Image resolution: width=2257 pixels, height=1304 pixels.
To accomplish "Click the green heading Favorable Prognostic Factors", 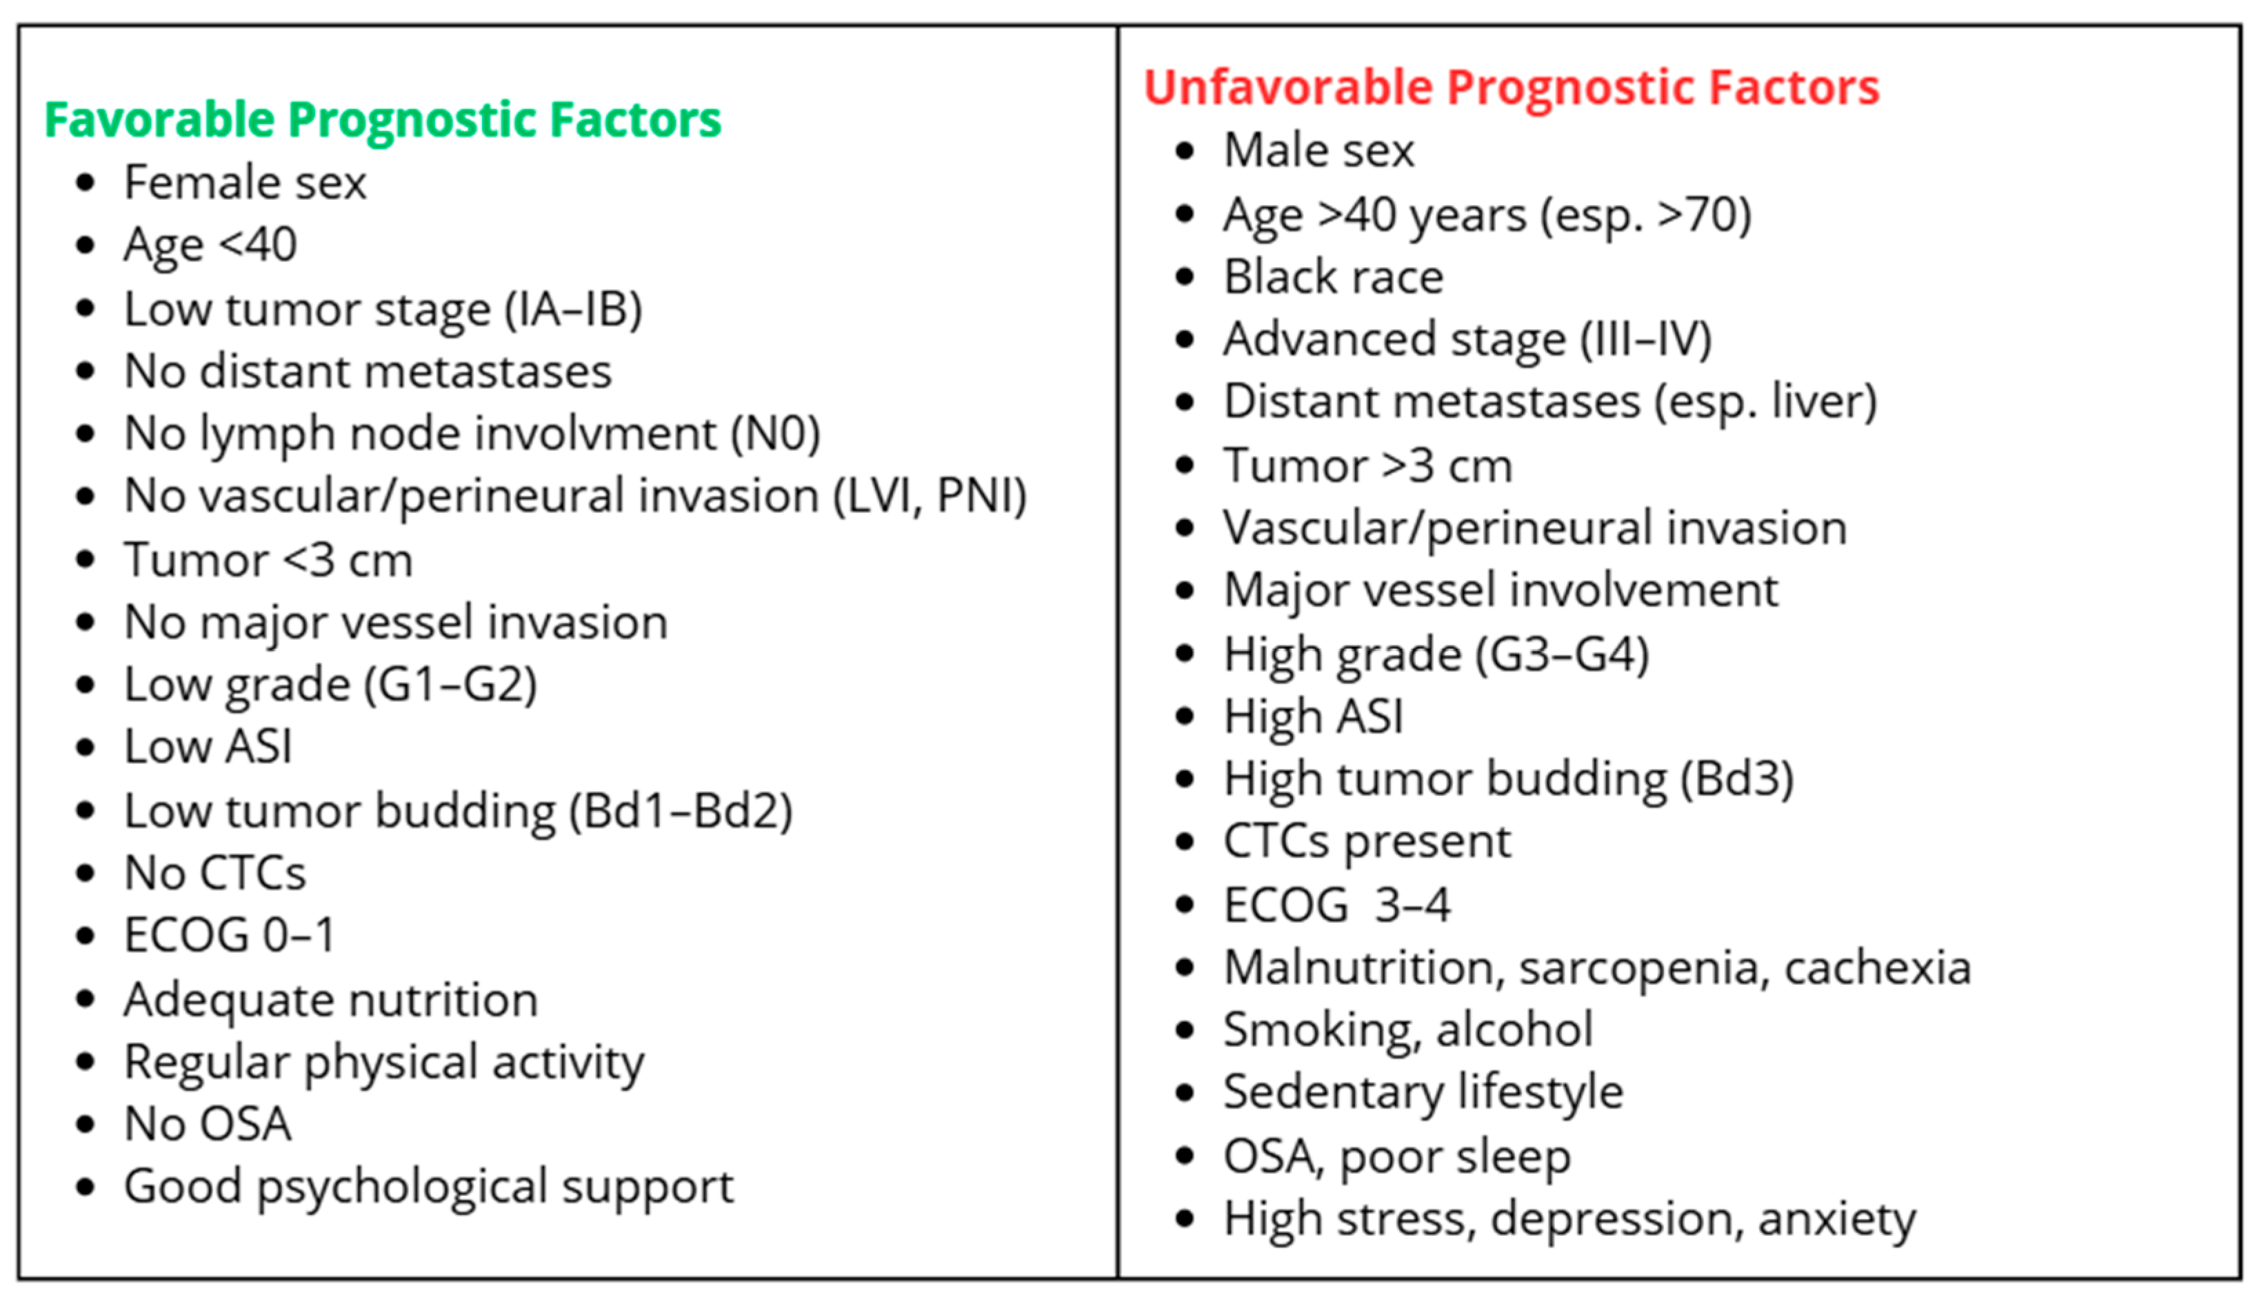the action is [x=383, y=119].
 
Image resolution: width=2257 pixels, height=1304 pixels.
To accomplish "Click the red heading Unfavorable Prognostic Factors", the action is [x=1511, y=88].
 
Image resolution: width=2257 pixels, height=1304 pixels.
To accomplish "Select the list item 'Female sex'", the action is [x=245, y=183].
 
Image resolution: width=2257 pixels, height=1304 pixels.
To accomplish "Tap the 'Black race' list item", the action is [x=1334, y=277].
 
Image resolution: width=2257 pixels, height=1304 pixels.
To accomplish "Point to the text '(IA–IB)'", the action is [x=573, y=310].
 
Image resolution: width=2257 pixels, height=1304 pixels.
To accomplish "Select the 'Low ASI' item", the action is [x=208, y=747].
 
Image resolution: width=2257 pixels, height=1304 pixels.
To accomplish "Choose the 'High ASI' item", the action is [x=1313, y=716].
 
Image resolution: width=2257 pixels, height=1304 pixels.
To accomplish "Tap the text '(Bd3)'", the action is [x=1736, y=779].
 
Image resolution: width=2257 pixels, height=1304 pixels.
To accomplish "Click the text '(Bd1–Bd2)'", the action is [x=681, y=812].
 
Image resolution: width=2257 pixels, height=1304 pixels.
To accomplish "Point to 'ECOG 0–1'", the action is [x=229, y=936].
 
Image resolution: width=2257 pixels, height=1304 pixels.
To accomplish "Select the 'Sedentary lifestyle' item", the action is [x=1423, y=1092].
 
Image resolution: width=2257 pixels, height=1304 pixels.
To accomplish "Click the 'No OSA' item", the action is [x=208, y=1124].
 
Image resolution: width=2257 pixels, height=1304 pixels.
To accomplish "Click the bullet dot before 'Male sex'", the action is [x=1185, y=150].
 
